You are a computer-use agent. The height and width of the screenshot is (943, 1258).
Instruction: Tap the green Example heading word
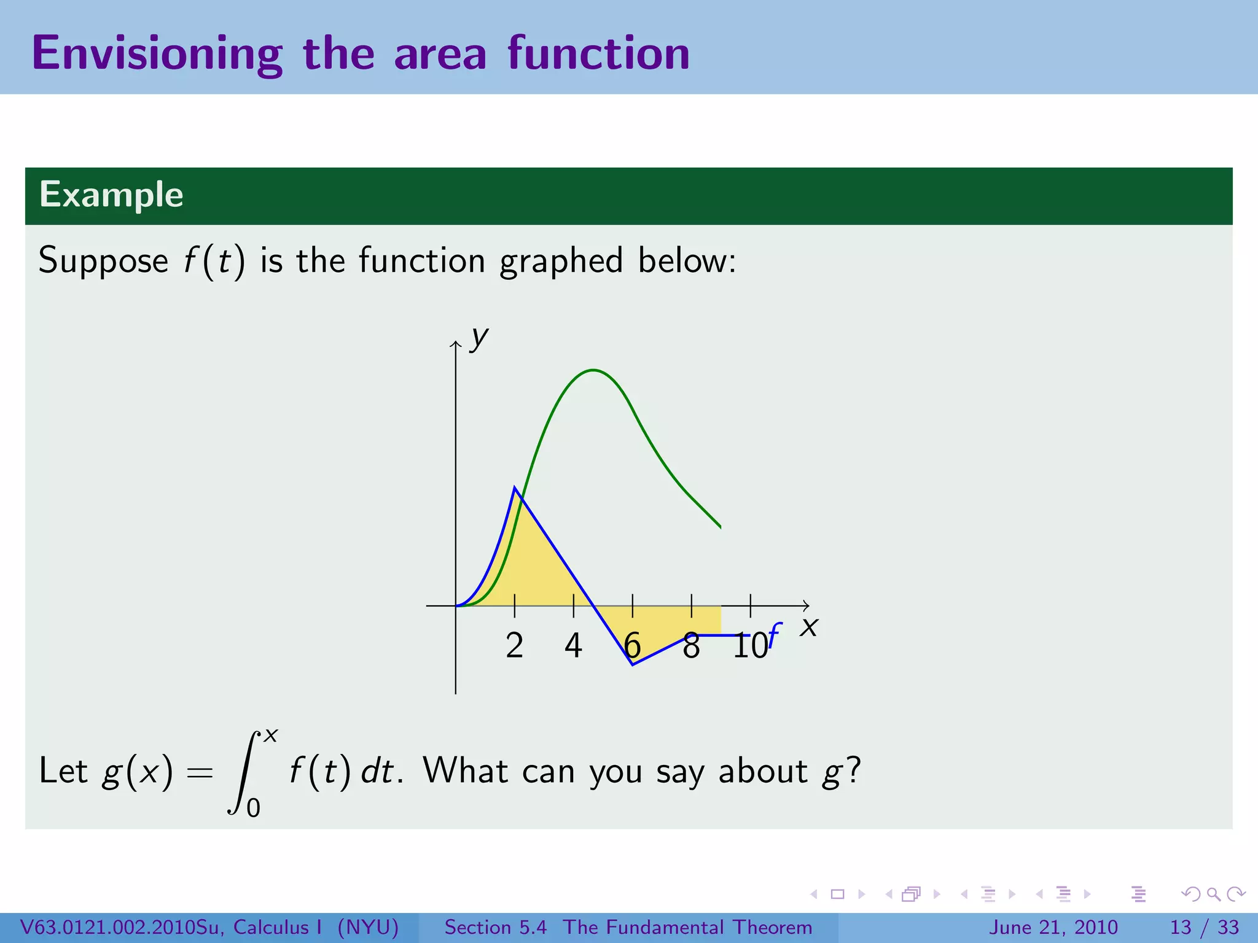(111, 195)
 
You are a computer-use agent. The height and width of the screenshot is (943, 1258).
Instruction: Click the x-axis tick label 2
(515, 646)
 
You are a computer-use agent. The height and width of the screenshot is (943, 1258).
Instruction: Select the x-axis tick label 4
(573, 646)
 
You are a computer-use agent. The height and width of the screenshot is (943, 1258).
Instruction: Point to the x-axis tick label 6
(632, 646)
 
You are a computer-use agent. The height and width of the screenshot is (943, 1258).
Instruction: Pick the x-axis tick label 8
(691, 646)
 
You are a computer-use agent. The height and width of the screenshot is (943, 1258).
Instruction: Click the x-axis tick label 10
(750, 646)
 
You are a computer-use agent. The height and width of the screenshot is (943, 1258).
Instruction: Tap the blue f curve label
(775, 635)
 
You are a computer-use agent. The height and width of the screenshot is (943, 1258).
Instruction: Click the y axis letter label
(479, 338)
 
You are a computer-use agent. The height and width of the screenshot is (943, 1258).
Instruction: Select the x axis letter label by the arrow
(810, 627)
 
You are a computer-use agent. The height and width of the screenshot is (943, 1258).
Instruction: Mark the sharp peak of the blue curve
(515, 487)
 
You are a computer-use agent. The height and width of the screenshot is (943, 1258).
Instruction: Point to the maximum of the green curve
(593, 370)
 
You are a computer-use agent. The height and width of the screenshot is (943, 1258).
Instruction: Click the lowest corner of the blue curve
(633, 664)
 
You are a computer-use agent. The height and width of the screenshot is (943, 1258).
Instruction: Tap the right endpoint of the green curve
(720, 527)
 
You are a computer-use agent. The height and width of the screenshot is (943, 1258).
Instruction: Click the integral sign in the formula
(244, 772)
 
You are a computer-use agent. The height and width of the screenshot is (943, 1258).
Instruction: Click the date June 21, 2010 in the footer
(1053, 927)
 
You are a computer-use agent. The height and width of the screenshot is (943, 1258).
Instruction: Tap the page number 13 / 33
(1205, 927)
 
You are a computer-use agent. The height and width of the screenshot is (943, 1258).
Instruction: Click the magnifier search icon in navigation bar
(1213, 894)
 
